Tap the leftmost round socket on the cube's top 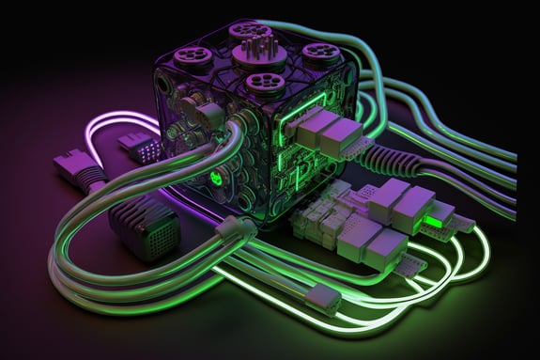tap(193, 55)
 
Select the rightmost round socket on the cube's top tap(321, 53)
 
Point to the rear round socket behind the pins tap(251, 29)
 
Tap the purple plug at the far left tap(78, 169)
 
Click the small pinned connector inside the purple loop tap(139, 147)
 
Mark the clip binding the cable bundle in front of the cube tap(235, 227)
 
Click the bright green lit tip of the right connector tap(434, 222)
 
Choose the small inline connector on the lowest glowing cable tap(322, 298)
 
